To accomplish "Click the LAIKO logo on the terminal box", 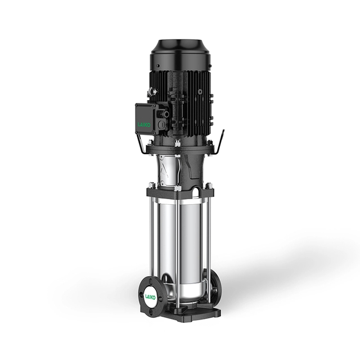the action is [x=144, y=125].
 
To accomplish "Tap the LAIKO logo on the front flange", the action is [x=150, y=296].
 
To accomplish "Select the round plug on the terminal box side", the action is [x=163, y=125].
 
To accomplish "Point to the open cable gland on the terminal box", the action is [x=166, y=114].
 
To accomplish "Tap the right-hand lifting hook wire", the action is [x=219, y=142].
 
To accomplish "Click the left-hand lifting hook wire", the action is [x=141, y=144].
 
